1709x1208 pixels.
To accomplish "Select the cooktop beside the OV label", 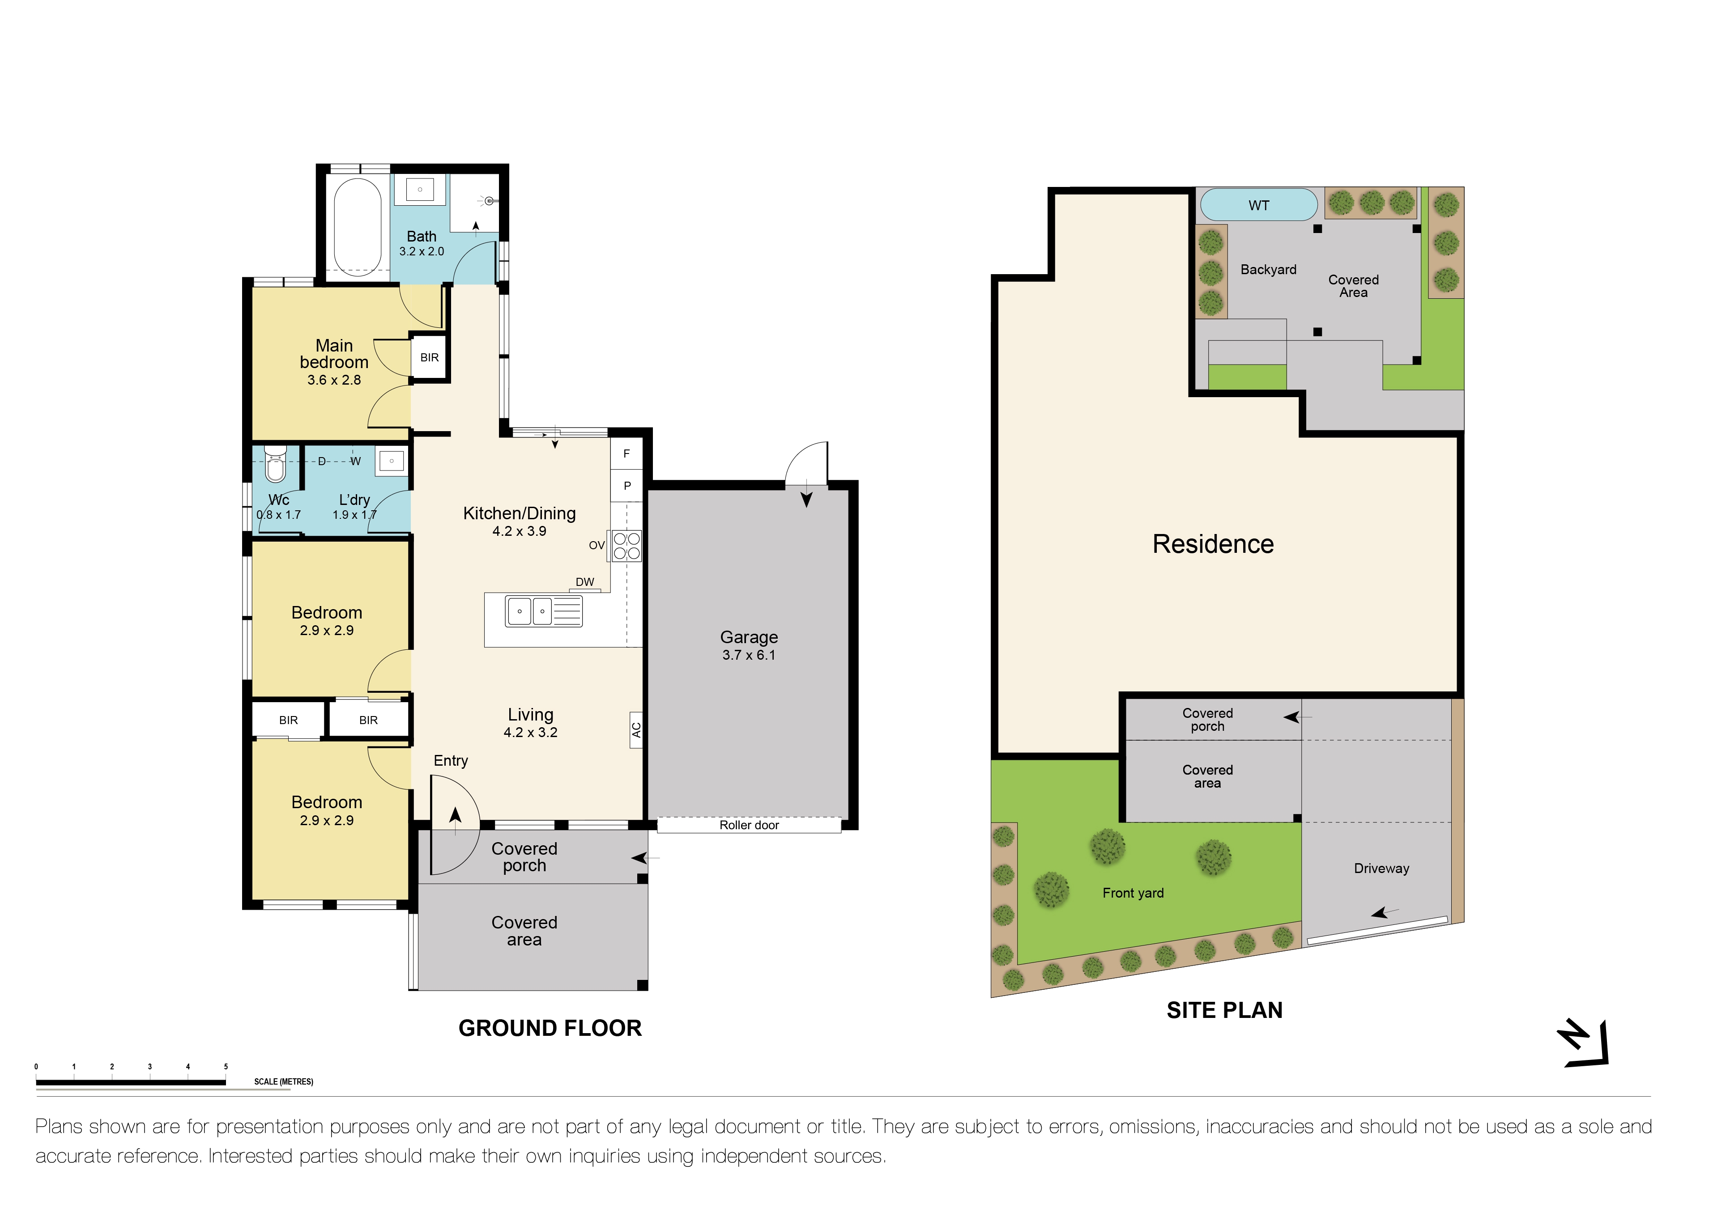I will [627, 545].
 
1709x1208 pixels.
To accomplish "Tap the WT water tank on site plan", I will [1259, 204].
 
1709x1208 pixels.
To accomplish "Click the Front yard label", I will [1133, 893].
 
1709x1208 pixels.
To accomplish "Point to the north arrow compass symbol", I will [1584, 1043].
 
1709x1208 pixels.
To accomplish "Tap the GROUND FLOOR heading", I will [550, 1028].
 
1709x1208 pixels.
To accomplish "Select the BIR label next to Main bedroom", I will [430, 358].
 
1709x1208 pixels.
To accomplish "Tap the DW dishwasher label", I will [585, 582].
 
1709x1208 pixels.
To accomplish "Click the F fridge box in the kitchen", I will [627, 453].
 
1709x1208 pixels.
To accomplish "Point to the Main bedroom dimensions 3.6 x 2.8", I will [334, 380].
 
